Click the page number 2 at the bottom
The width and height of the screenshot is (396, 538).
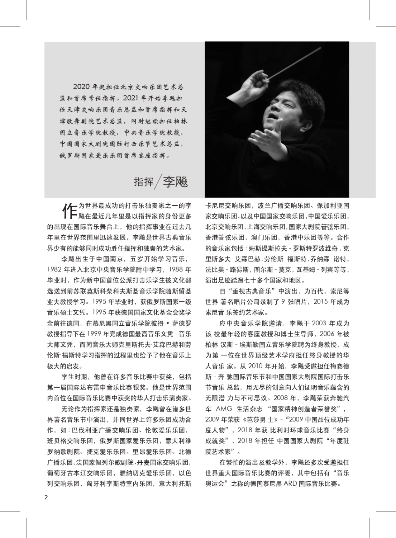click(x=46, y=497)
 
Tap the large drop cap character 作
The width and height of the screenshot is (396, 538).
click(x=70, y=211)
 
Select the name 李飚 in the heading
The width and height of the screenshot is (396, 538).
click(x=176, y=181)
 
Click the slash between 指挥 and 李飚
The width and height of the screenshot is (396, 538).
click(x=157, y=181)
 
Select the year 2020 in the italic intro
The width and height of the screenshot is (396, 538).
click(x=81, y=87)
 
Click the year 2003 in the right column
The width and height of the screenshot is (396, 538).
click(x=319, y=323)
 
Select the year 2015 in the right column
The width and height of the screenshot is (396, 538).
click(x=321, y=302)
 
